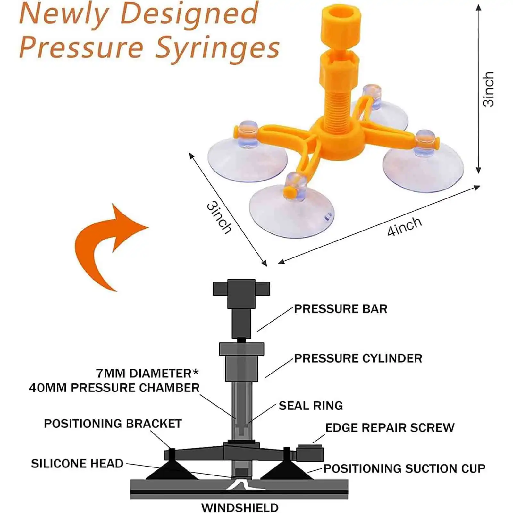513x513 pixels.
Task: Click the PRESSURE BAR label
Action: click(341, 309)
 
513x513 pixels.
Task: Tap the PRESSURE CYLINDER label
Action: click(358, 358)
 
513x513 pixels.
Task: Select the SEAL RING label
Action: click(310, 406)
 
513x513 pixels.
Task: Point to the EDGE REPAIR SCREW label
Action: click(390, 428)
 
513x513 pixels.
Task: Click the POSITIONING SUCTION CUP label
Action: click(404, 469)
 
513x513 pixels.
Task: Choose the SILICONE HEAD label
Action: click(77, 464)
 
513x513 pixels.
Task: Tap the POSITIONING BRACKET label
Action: click(113, 424)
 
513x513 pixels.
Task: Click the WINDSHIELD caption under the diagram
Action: click(240, 508)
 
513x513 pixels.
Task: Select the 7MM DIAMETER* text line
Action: click(147, 374)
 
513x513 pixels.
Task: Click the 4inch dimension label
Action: click(404, 226)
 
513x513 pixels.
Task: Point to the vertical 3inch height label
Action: click(488, 89)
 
